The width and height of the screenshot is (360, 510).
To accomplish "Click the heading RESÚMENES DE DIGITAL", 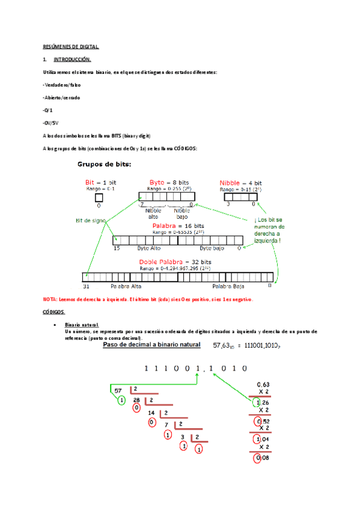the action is [x=70, y=46].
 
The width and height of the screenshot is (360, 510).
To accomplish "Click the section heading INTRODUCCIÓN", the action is [x=72, y=60].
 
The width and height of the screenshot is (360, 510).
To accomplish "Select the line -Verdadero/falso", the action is [x=62, y=85].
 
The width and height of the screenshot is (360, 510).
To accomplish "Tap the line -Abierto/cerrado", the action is [x=61, y=97].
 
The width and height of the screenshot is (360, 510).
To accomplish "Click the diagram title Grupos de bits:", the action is [x=105, y=164].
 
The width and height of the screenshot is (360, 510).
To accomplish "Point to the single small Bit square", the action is [x=99, y=197].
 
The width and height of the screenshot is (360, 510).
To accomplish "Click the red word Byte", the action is [x=157, y=182].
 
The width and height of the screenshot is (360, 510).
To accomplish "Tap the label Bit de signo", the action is [x=90, y=221].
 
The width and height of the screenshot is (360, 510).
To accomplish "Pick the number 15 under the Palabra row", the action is [x=117, y=247].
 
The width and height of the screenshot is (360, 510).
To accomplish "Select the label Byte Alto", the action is [x=151, y=247].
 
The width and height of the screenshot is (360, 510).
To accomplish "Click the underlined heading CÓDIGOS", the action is [x=54, y=312].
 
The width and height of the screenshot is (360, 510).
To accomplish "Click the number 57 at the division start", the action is [x=118, y=390].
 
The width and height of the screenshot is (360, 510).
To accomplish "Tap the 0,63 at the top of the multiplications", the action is [x=263, y=384].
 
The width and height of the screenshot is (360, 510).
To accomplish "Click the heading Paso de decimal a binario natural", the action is [x=151, y=345].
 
